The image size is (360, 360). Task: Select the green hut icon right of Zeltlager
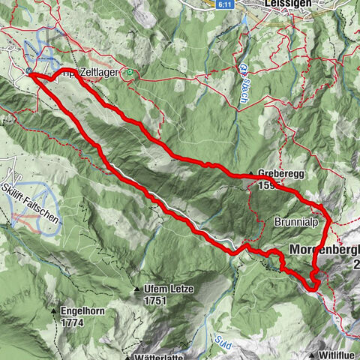[x=130, y=73]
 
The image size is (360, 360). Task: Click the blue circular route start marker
[x=29, y=72]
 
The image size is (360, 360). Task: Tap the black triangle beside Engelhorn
[x=55, y=309]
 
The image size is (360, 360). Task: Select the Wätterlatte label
[x=162, y=356]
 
